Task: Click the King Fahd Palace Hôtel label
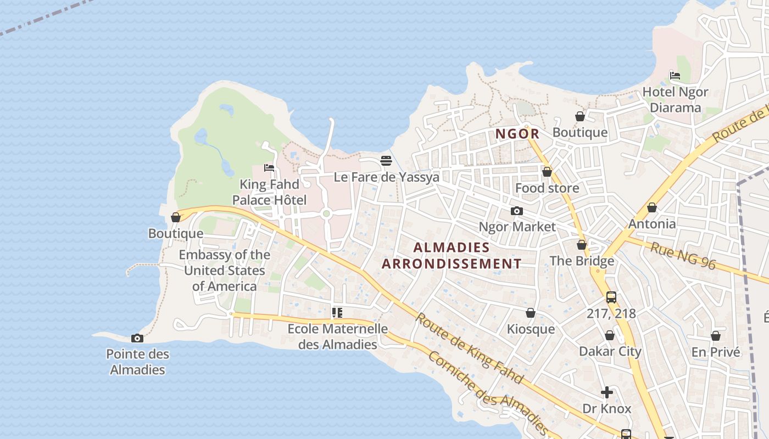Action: [x=269, y=192]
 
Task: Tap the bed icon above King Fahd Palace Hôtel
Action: [x=269, y=168]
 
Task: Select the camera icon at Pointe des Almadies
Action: [x=137, y=338]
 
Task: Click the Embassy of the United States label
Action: [x=224, y=271]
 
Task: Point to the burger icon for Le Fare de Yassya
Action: [x=386, y=161]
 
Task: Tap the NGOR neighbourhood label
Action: [x=517, y=134]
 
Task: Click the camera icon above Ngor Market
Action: [x=516, y=211]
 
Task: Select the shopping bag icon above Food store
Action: [x=547, y=172]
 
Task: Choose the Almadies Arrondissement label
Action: [x=451, y=256]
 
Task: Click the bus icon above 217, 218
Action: [x=611, y=297]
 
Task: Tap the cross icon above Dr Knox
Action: [x=607, y=392]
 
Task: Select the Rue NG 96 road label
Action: [x=683, y=256]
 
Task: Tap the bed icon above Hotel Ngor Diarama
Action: [x=675, y=76]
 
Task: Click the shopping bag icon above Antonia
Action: [x=651, y=207]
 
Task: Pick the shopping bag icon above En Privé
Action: [x=715, y=336]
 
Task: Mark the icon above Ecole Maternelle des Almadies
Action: [x=337, y=313]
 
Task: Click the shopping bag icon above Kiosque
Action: [x=530, y=313]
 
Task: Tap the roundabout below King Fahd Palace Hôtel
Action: [x=326, y=213]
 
